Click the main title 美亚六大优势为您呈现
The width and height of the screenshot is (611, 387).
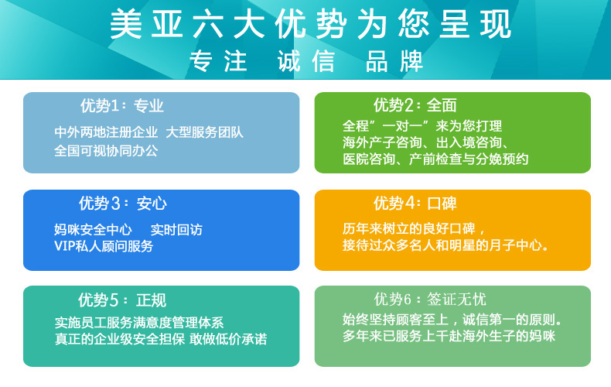click(x=310, y=24)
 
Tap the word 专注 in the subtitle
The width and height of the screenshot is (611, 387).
click(x=218, y=61)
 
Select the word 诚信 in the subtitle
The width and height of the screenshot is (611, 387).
click(x=306, y=61)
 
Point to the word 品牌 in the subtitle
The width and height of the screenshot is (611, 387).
click(x=394, y=61)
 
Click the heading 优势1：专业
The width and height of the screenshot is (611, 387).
click(x=122, y=106)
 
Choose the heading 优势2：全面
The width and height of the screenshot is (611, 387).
click(x=415, y=105)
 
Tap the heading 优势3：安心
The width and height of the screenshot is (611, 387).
click(x=123, y=204)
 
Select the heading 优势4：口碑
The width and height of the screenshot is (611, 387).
click(x=415, y=204)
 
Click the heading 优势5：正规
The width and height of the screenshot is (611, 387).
click(x=122, y=300)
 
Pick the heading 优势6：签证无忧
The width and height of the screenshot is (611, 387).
click(x=430, y=300)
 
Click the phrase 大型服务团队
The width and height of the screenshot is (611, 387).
click(x=205, y=132)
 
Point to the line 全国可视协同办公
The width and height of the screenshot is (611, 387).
click(x=106, y=151)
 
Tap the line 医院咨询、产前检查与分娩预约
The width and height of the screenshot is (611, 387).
click(x=435, y=159)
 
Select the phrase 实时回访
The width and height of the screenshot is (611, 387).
click(x=176, y=230)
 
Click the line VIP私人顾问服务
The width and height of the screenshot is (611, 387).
click(x=104, y=246)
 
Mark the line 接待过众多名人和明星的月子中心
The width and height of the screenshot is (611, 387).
click(x=445, y=245)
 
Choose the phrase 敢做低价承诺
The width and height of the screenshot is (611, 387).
click(x=228, y=339)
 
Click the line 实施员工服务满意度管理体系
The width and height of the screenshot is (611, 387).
click(x=139, y=323)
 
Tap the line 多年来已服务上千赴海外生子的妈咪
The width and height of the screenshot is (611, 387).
click(x=449, y=336)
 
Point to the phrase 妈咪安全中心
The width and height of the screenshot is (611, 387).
click(x=93, y=230)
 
